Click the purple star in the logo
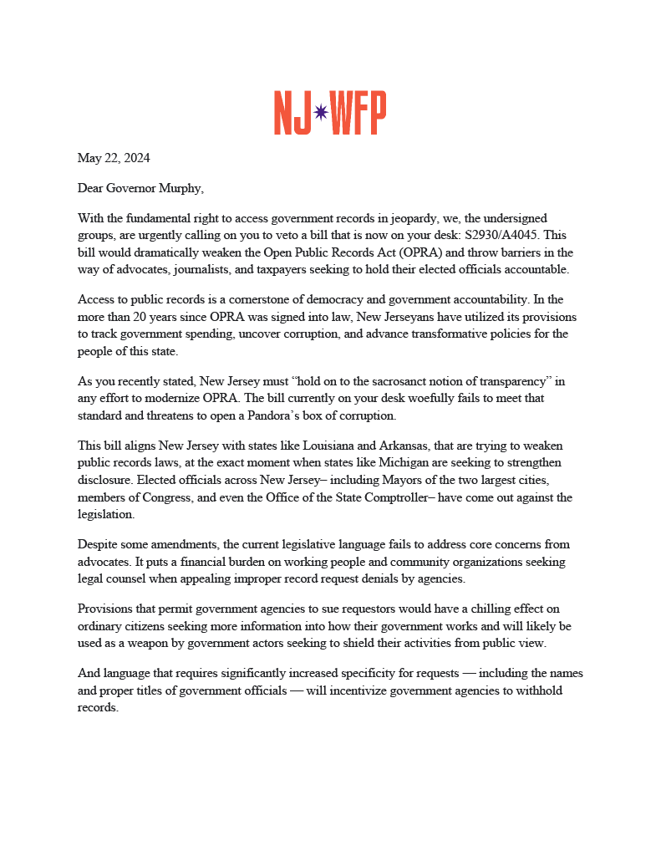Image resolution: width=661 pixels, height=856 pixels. pos(320,114)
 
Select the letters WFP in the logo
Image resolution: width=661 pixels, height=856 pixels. pos(358,114)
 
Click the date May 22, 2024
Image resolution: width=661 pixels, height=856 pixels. pos(114,158)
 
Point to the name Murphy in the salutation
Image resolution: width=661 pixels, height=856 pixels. pos(180,188)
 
